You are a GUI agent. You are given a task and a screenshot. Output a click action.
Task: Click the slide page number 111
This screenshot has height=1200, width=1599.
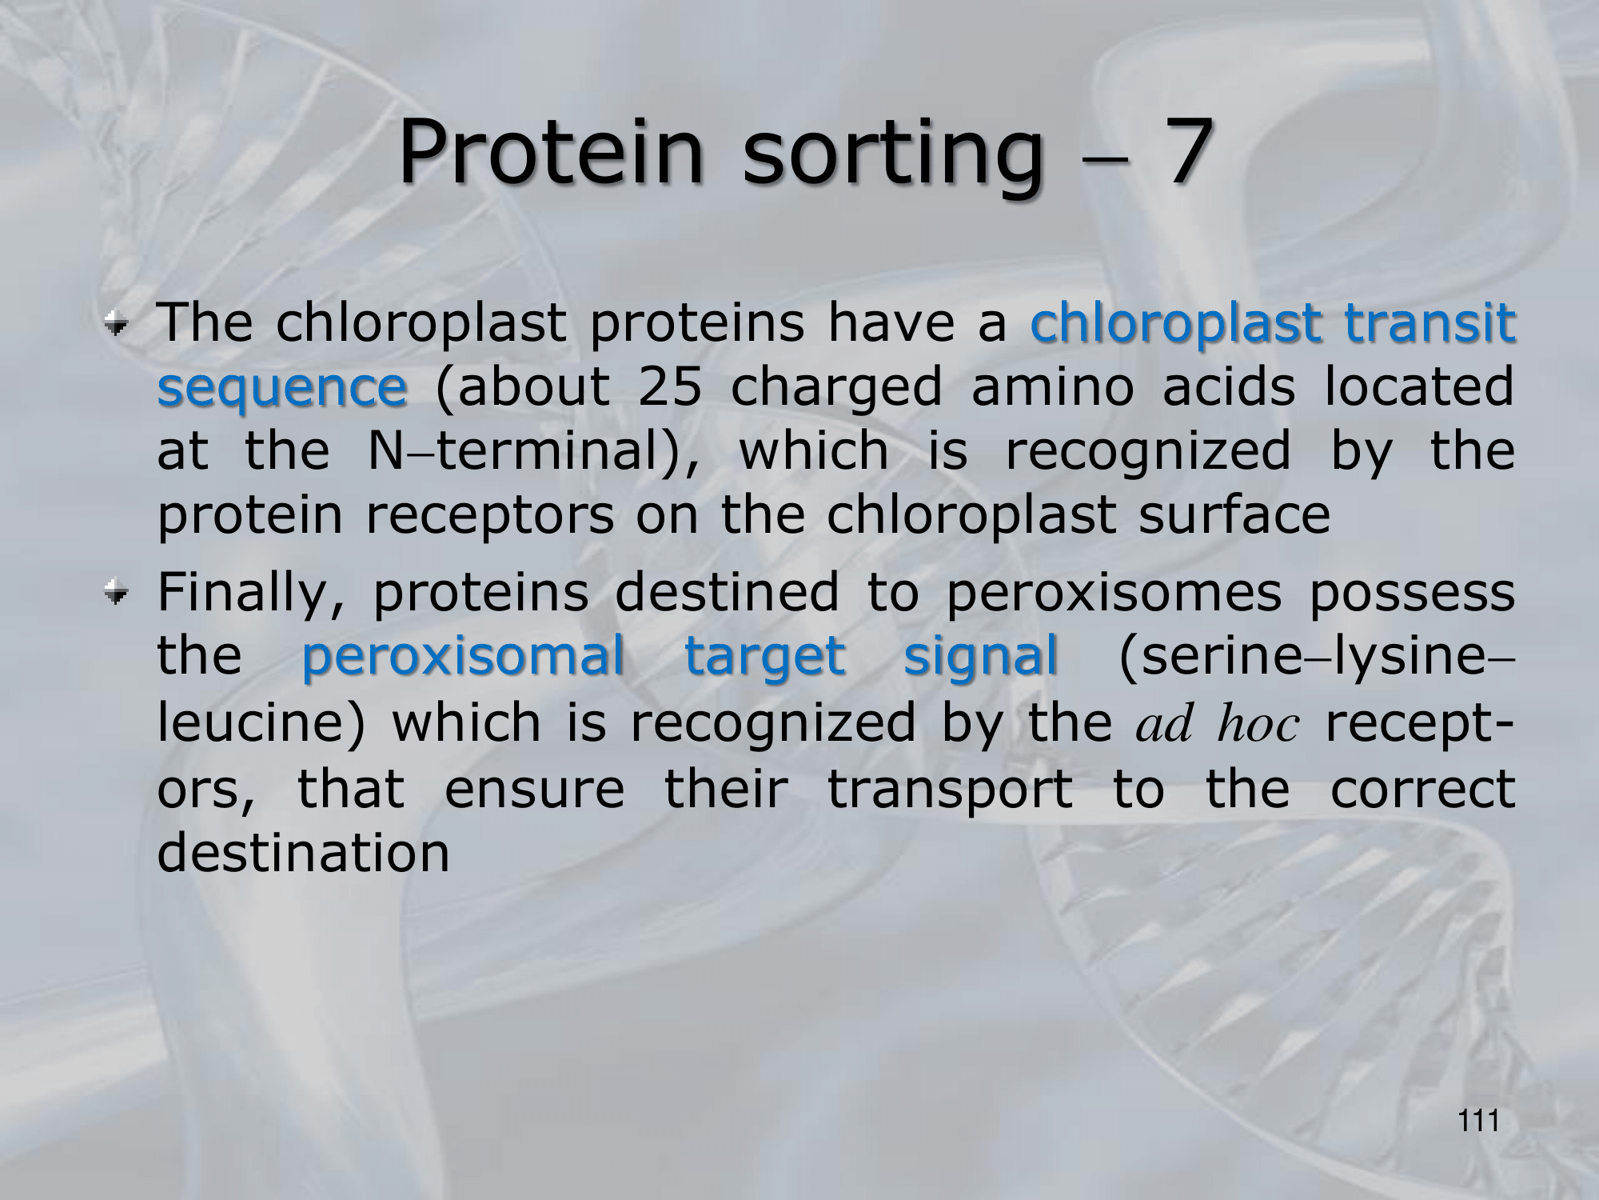point(1478,1122)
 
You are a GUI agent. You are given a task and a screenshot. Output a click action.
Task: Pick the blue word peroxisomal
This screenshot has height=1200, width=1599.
point(463,658)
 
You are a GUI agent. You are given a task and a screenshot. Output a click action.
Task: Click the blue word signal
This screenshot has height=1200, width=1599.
point(981,658)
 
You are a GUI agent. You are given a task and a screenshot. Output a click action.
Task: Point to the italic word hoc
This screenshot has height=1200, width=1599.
point(1258,723)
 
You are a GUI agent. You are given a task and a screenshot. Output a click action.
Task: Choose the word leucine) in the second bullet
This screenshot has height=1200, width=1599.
point(261,723)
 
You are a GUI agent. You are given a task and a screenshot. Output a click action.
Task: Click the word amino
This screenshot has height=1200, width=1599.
point(1053,386)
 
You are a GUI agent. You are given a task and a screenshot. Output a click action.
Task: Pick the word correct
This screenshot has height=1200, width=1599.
point(1423,790)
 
